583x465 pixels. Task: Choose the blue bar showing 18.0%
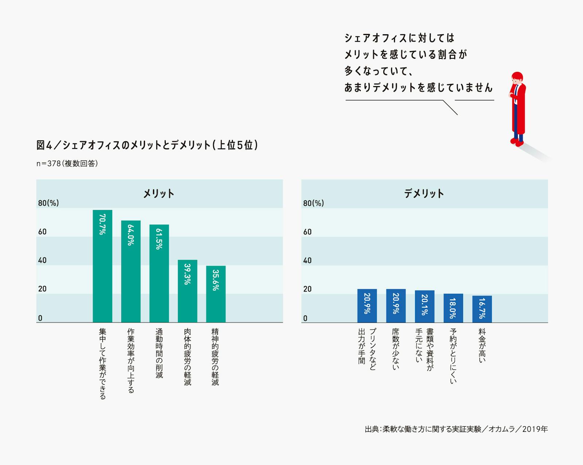click(x=453, y=308)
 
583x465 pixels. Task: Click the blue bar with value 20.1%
click(x=424, y=307)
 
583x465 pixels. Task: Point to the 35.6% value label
click(x=216, y=280)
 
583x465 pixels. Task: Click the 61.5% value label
click(x=159, y=239)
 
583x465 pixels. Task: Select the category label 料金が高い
click(x=482, y=345)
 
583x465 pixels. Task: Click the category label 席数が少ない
click(x=396, y=349)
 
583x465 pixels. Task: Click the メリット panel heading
click(x=159, y=193)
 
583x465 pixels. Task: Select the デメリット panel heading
click(x=424, y=193)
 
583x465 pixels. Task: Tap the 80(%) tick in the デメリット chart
click(x=313, y=203)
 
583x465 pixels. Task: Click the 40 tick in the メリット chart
click(x=42, y=260)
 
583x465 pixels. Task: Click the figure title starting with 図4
click(x=147, y=145)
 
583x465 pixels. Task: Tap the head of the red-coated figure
click(x=517, y=78)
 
